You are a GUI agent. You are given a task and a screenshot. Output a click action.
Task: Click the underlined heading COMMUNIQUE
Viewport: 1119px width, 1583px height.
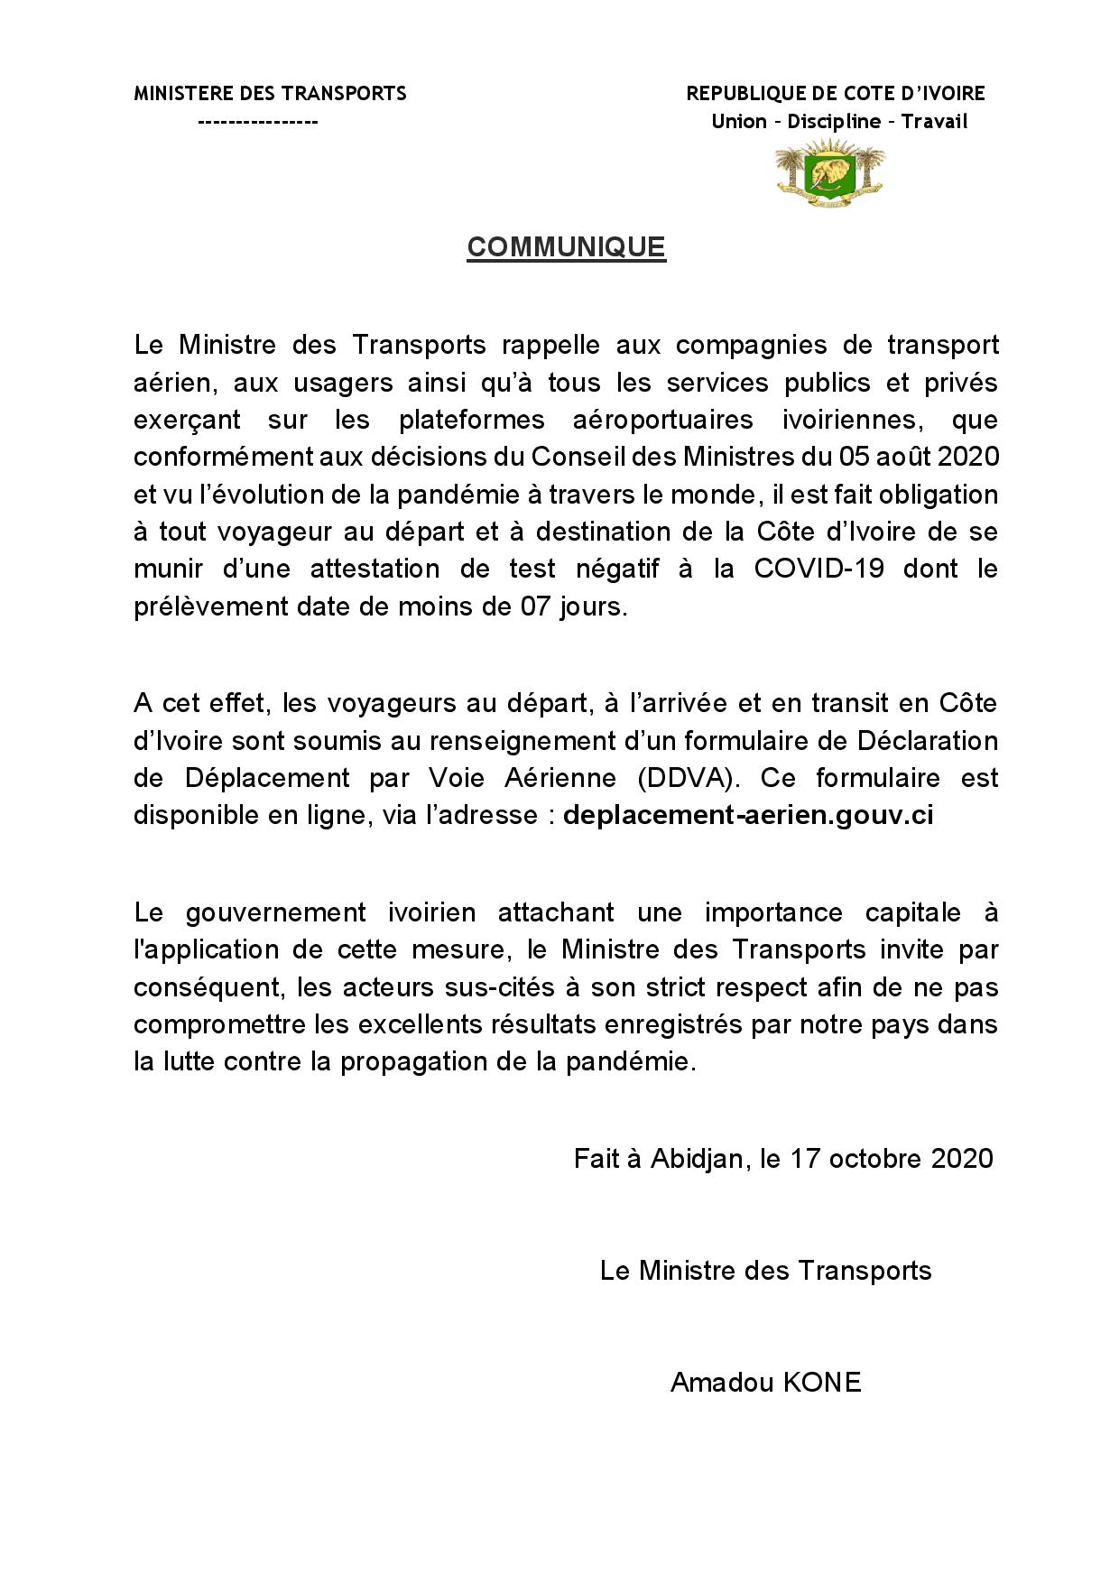pyautogui.click(x=566, y=247)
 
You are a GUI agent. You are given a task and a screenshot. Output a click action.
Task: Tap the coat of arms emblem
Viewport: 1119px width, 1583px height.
pyautogui.click(x=829, y=171)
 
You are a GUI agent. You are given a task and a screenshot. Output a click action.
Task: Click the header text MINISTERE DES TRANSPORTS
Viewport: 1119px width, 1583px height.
pyautogui.click(x=270, y=93)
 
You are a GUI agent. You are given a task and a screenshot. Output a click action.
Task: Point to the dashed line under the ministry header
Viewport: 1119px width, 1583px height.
pyautogui.click(x=258, y=122)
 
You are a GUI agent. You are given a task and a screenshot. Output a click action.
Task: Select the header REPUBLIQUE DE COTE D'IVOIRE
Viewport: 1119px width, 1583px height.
pyautogui.click(x=836, y=93)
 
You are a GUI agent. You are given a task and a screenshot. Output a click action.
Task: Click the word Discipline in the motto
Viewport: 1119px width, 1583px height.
pyautogui.click(x=834, y=122)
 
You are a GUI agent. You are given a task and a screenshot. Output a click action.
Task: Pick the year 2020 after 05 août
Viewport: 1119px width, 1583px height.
pyautogui.click(x=968, y=457)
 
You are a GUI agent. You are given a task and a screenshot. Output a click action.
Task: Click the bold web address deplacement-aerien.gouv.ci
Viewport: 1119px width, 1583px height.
pyautogui.click(x=748, y=815)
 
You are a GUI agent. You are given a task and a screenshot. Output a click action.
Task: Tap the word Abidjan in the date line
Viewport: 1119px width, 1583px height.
pyautogui.click(x=699, y=1158)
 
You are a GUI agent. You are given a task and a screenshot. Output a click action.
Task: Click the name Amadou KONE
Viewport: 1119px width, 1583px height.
pyautogui.click(x=765, y=1383)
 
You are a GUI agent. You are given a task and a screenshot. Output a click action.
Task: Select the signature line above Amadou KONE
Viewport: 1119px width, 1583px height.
pyautogui.click(x=765, y=1271)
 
